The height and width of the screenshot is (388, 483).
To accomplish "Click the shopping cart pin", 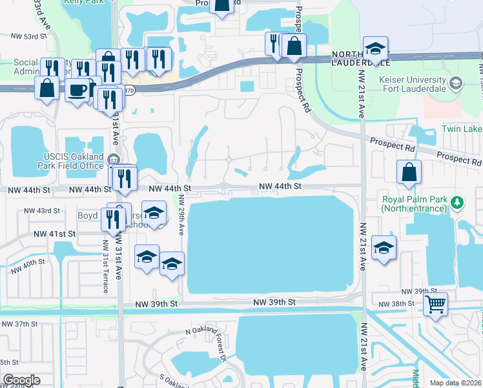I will [436, 304].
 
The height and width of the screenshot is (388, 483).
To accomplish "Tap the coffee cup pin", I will [77, 90].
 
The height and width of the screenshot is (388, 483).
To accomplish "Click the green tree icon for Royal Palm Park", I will [458, 203].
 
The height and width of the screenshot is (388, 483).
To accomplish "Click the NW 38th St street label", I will [396, 304].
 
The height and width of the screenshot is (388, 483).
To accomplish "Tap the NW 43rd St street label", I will [41, 211].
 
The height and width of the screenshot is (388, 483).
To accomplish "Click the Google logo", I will [21, 380].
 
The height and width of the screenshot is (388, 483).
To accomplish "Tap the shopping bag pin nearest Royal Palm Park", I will [409, 172].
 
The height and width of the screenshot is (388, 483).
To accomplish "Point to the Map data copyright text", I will [456, 383].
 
